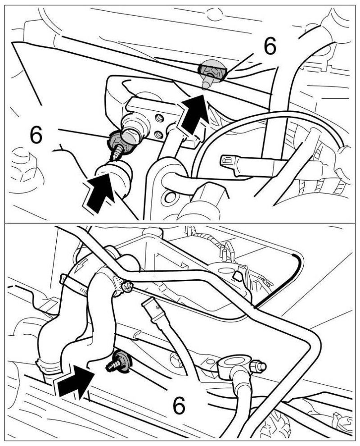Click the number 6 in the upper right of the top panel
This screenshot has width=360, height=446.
[270, 46]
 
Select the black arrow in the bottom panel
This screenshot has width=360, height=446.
[76, 382]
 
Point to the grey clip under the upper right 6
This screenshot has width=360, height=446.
[211, 73]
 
